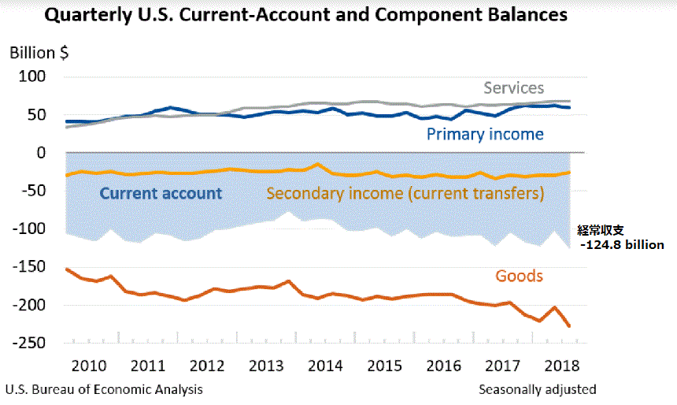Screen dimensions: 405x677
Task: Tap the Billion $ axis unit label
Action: click(39, 54)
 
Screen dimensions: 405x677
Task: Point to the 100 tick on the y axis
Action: click(35, 77)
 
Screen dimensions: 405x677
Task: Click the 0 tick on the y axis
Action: click(43, 153)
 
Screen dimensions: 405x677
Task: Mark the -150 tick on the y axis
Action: click(30, 267)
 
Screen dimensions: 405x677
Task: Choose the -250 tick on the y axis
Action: click(30, 343)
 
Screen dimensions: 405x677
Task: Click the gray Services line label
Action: click(513, 87)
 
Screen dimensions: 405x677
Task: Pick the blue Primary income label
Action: click(484, 134)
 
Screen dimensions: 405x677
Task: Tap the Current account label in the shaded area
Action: click(161, 193)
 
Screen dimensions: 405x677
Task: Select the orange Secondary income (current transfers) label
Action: click(405, 193)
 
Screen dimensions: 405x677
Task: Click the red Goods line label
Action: click(519, 276)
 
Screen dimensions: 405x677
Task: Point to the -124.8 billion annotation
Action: click(620, 245)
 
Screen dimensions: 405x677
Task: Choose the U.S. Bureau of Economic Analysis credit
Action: click(103, 389)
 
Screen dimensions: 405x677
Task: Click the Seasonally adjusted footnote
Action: click(537, 389)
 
